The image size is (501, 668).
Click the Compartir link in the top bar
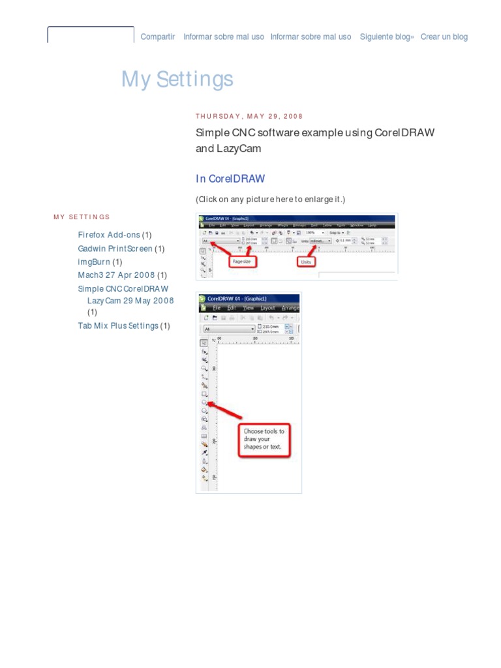tap(158, 37)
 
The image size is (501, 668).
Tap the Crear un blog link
tap(444, 37)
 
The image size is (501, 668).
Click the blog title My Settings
tap(177, 79)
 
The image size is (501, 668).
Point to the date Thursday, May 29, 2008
tap(249, 117)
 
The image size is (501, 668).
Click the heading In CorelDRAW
tap(230, 179)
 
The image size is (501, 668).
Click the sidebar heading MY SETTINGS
tap(82, 217)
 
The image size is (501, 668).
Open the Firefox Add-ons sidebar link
tap(109, 235)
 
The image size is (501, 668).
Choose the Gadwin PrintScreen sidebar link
tap(115, 249)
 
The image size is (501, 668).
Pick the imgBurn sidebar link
tap(94, 263)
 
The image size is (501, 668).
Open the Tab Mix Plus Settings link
tap(118, 326)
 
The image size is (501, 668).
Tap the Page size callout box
tap(242, 262)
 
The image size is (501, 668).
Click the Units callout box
tap(305, 262)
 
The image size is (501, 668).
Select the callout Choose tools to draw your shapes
tap(264, 439)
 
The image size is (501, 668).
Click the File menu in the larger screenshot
tap(217, 308)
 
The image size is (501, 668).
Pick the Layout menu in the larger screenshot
tap(267, 308)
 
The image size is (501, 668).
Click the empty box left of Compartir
tap(91, 35)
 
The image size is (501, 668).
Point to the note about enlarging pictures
tap(270, 198)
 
